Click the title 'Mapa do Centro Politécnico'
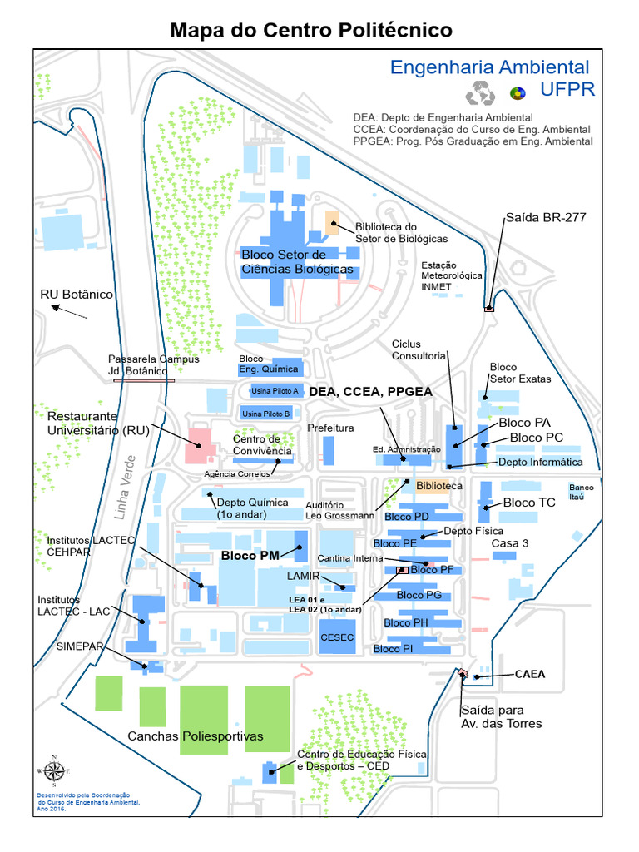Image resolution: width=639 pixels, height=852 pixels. tap(311, 31)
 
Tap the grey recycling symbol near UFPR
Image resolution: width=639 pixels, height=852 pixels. tap(480, 94)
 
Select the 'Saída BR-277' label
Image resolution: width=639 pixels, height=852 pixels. tap(545, 218)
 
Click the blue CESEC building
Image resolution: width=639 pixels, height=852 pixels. tap(337, 637)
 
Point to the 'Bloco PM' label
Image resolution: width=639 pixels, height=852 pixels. tap(250, 555)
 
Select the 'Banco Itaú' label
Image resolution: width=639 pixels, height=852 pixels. tap(582, 492)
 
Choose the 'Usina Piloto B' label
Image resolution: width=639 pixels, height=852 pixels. tap(265, 414)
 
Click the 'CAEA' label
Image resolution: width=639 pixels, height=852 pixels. tap(530, 674)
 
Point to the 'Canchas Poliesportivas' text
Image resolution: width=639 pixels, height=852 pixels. tap(195, 736)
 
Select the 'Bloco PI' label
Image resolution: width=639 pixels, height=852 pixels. tap(393, 649)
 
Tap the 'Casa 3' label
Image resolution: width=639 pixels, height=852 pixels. tap(509, 543)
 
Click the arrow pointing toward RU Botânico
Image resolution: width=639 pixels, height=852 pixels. tap(68, 311)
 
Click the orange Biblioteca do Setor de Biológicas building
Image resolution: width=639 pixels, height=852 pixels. tap(331, 221)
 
